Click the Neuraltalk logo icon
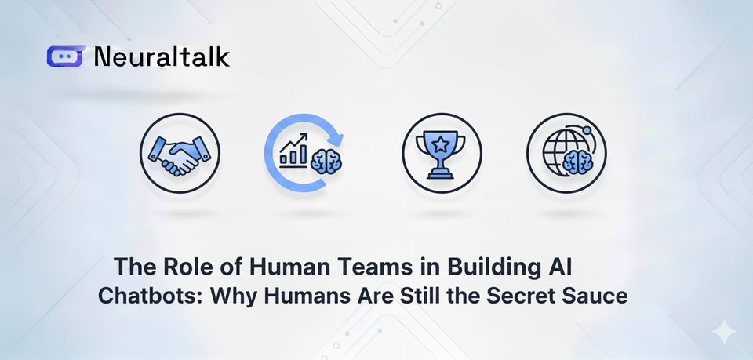[65, 56]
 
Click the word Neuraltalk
[161, 56]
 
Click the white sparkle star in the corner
[723, 333]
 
